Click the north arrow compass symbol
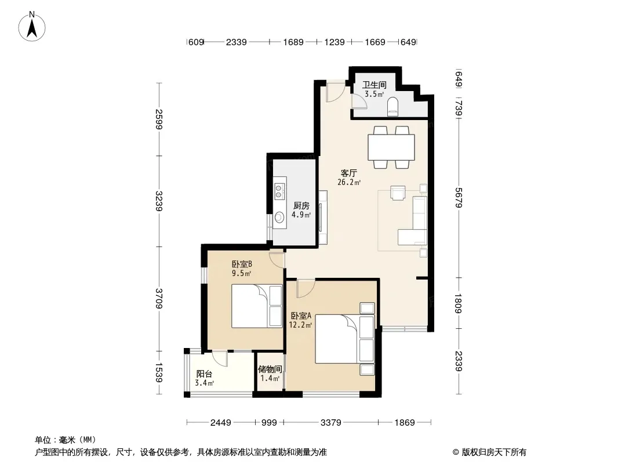point(32,27)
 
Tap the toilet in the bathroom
point(393,107)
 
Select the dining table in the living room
point(391,147)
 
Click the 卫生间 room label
point(374,85)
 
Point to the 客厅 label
point(349,173)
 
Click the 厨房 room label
point(301,205)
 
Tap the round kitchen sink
point(279,217)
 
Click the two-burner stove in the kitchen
point(279,190)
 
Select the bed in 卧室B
point(257,306)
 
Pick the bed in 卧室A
point(344,339)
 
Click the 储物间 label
point(270,369)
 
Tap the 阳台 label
point(204,374)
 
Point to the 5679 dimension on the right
point(459,198)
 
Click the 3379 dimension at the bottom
point(330,423)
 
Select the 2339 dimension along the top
point(236,42)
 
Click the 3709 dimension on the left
point(158,299)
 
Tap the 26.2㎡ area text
point(349,182)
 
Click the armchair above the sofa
point(398,193)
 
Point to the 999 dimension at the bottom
point(269,423)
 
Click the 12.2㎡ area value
point(300,325)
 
